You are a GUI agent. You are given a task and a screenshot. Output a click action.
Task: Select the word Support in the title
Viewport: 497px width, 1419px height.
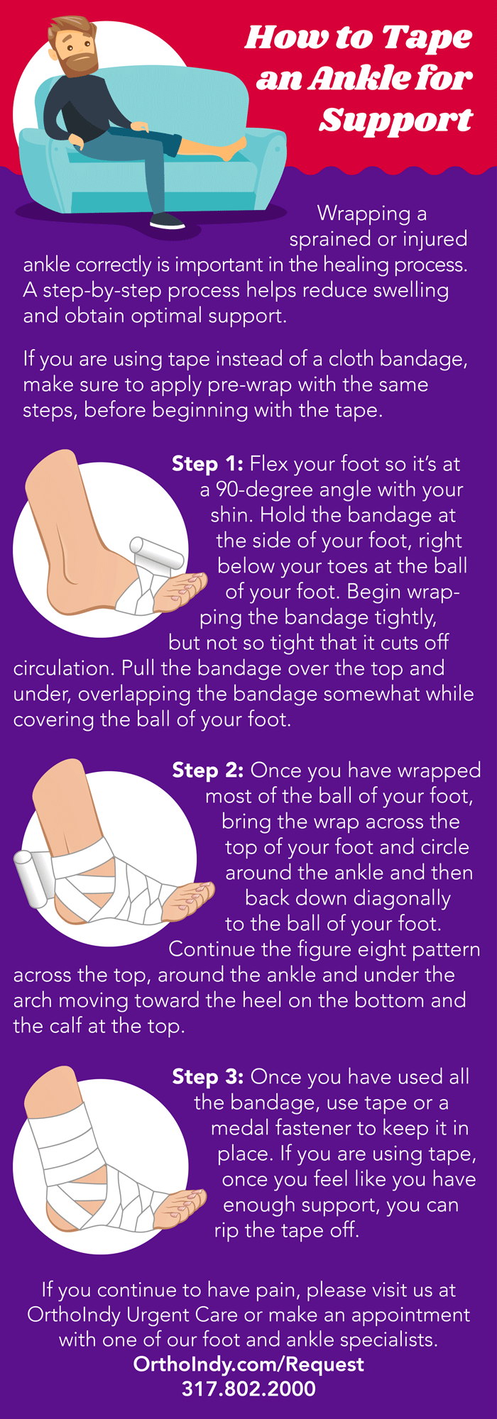[395, 120]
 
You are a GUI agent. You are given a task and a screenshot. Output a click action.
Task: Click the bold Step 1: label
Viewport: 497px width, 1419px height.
[207, 464]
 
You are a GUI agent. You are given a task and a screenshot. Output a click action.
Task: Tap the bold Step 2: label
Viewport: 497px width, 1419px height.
[208, 771]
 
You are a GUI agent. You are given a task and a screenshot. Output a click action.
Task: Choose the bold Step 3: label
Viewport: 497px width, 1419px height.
[208, 1077]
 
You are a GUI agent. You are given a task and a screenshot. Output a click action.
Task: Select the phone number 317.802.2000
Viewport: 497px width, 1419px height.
[248, 1388]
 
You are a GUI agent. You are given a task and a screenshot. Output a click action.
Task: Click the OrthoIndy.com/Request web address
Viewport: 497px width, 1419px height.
[248, 1364]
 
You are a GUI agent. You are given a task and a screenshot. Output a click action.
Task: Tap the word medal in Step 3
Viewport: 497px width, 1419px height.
[239, 1128]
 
